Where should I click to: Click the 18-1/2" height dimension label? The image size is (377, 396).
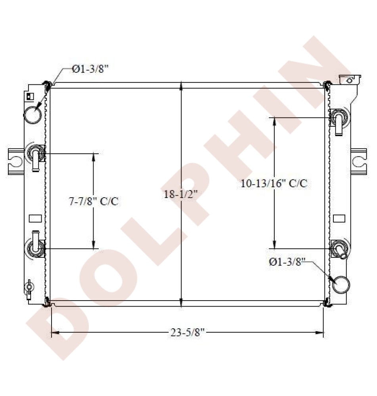[x=180, y=194]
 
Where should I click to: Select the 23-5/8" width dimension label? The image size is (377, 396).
[x=188, y=332]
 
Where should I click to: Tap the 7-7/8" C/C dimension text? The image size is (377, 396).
[x=94, y=201]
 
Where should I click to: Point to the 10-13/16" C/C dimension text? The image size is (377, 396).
[x=274, y=183]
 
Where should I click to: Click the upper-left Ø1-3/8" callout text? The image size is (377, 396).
[x=90, y=69]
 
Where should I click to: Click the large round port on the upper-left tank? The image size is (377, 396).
[x=33, y=115]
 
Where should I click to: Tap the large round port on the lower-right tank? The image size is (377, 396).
[x=341, y=285]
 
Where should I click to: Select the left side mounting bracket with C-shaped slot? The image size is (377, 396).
[x=16, y=162]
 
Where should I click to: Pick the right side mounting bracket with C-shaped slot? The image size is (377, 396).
[x=359, y=162]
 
